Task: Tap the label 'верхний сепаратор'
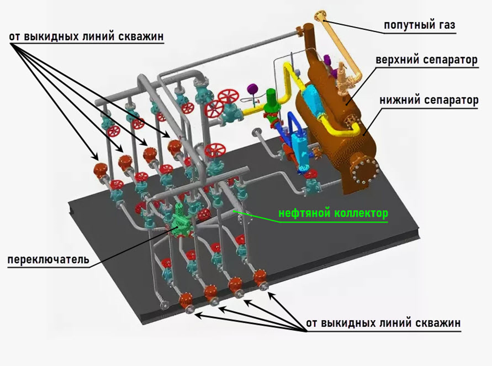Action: pos(426,60)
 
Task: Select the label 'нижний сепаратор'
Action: pos(428,99)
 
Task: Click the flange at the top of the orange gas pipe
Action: pos(320,16)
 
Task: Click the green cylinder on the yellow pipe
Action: pos(271,99)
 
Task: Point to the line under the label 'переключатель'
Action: pos(48,268)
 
